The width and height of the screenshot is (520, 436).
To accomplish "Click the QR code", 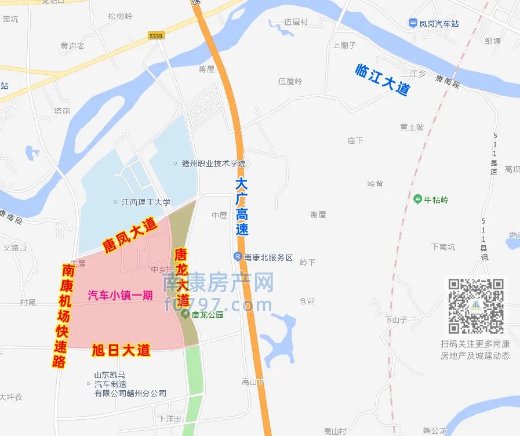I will [475, 306].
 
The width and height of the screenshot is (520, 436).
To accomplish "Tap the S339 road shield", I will [155, 35].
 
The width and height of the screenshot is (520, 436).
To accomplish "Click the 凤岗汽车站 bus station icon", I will [413, 24].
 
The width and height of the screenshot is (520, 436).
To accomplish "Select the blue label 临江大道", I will [383, 79].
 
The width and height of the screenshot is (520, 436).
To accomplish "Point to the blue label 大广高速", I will [242, 206].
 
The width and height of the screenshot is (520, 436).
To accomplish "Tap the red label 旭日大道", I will [121, 350].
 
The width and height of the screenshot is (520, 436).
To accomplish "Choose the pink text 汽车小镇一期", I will [120, 295].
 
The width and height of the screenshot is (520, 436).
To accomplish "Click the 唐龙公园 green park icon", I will [185, 315].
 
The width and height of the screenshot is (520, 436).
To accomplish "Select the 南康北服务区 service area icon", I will [238, 257].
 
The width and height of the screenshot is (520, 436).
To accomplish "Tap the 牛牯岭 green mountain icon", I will [417, 199].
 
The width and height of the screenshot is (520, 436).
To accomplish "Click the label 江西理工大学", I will [146, 202].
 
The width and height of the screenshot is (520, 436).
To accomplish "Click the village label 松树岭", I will [120, 16].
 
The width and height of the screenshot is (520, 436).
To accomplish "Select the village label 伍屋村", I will [296, 23].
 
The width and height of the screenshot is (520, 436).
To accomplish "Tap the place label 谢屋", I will [318, 215].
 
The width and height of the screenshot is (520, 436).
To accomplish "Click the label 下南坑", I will [443, 246].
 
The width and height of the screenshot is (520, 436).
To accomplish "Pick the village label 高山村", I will [335, 431].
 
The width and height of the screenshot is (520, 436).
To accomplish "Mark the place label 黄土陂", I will [412, 127].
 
